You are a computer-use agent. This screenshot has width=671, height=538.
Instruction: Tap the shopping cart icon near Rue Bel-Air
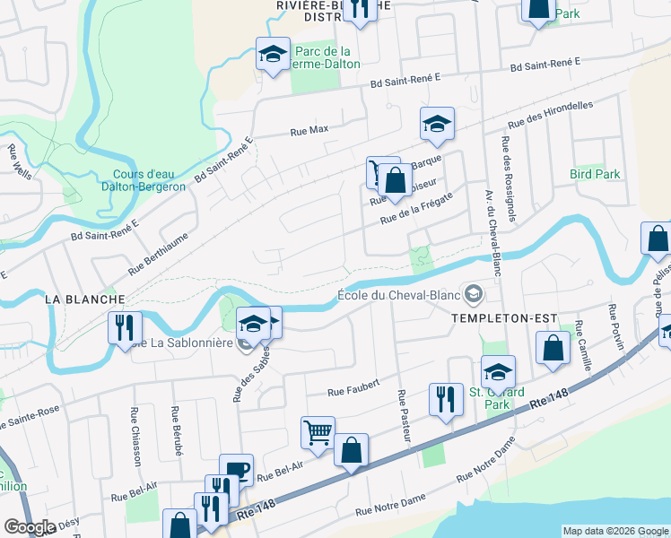(318, 433)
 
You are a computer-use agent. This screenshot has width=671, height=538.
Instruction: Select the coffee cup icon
(236, 469)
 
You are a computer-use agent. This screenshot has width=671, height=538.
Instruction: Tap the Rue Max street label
(309, 130)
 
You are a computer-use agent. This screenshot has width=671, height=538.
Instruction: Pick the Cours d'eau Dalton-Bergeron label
(148, 180)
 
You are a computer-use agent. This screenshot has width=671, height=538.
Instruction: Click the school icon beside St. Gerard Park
(498, 371)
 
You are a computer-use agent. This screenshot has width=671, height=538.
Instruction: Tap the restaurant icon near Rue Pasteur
(445, 398)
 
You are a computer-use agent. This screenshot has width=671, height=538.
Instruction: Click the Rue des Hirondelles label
(550, 116)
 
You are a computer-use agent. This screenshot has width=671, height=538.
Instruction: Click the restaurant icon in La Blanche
(125, 326)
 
